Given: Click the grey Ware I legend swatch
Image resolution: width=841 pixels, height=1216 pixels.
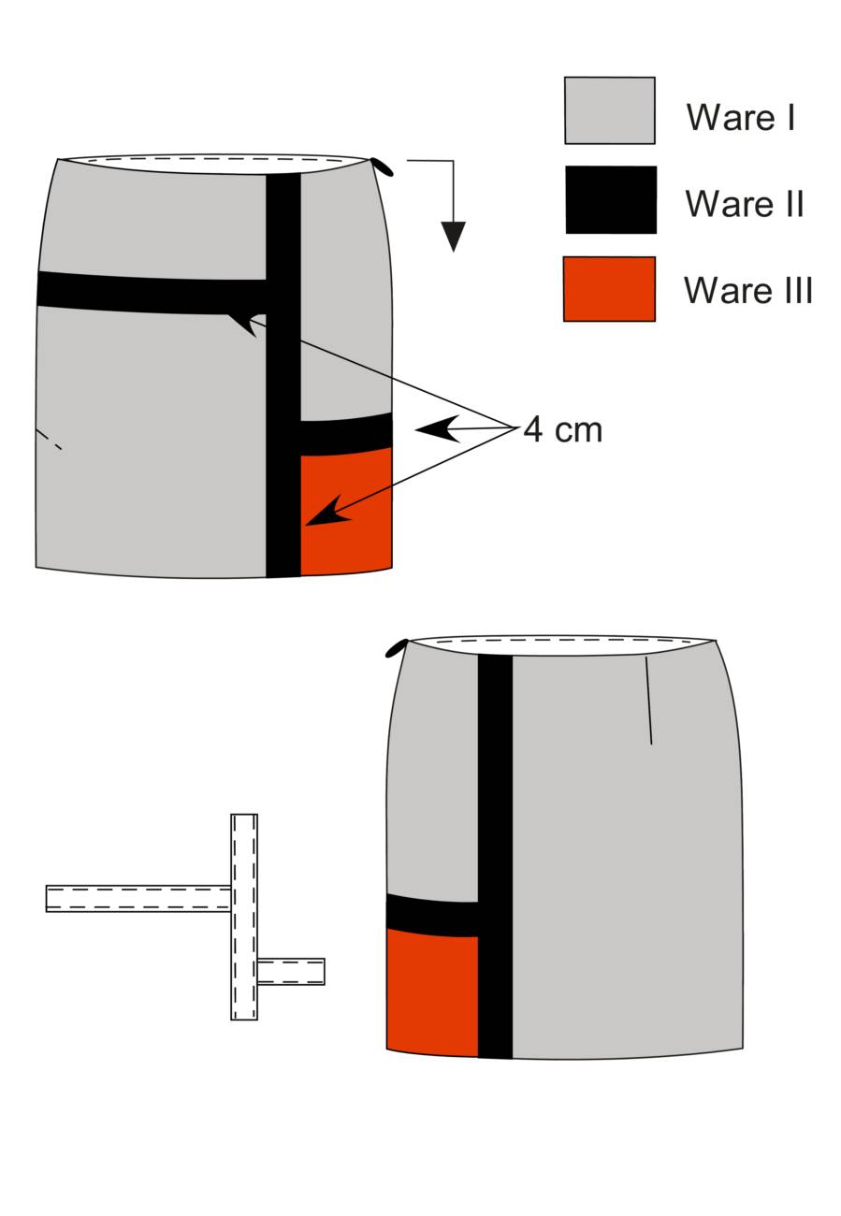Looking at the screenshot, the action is click(x=609, y=110).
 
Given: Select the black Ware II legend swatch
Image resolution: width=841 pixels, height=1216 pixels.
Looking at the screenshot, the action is click(x=611, y=200).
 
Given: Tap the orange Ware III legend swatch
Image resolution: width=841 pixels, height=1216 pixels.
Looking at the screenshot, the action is click(x=609, y=289).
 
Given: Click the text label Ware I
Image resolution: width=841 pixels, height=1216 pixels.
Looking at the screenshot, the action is click(x=741, y=116).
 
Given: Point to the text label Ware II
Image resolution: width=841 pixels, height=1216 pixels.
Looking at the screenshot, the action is click(x=745, y=204).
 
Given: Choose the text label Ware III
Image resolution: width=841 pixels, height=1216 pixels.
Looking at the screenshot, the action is click(x=748, y=290).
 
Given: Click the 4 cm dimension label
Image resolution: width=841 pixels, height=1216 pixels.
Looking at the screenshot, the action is click(x=562, y=430).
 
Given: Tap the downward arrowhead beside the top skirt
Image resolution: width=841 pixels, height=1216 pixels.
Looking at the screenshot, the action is click(x=453, y=237).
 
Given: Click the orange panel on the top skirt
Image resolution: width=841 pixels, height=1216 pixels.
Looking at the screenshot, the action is click(x=346, y=511).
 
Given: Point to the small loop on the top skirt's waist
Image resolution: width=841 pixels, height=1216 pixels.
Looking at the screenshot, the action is click(x=383, y=166).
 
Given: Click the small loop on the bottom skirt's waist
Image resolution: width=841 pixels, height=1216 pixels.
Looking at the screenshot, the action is click(x=397, y=648).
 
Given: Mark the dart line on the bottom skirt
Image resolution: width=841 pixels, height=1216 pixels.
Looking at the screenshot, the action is click(x=648, y=701).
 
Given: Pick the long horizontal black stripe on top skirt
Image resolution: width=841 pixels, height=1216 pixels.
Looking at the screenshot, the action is click(x=152, y=293).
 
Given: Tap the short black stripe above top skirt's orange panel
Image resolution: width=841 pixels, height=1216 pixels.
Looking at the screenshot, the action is click(x=346, y=434).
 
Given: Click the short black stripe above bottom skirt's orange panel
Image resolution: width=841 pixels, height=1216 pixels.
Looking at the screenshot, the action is click(x=431, y=916).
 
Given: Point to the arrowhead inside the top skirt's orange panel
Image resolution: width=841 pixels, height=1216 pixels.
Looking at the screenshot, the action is click(x=328, y=512).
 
